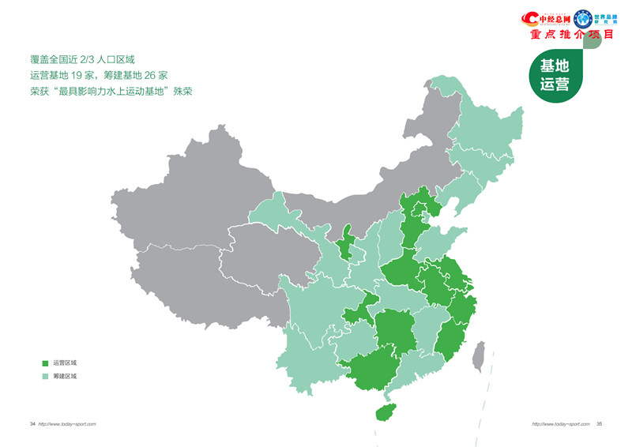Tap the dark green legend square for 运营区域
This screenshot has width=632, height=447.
pos(45,362)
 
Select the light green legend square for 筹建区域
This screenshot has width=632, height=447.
pos(45,377)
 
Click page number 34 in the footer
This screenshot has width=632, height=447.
pos(32,424)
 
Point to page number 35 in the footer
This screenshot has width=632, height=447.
pos(600,424)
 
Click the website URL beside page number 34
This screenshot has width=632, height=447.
pos(67,424)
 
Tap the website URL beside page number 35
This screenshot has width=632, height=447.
pos(560,424)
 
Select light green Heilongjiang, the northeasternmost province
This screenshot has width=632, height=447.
pos(482,118)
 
